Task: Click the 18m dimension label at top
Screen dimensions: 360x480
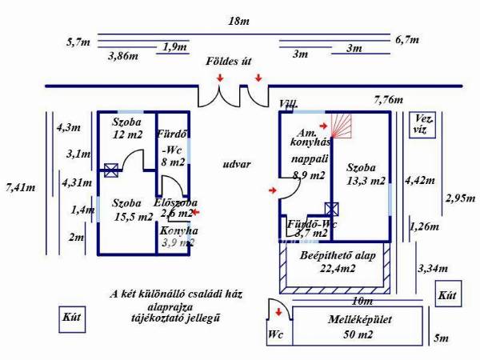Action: pyautogui.click(x=234, y=22)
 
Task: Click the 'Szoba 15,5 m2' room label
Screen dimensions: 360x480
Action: pyautogui.click(x=131, y=210)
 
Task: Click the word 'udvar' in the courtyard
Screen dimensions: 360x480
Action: pyautogui.click(x=238, y=164)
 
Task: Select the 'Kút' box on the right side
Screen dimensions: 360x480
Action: pyautogui.click(x=447, y=295)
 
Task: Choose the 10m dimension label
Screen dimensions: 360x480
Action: pyautogui.click(x=362, y=301)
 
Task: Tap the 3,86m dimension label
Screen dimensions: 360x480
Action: pyautogui.click(x=122, y=56)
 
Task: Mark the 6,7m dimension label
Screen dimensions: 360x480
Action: pyautogui.click(x=408, y=39)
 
